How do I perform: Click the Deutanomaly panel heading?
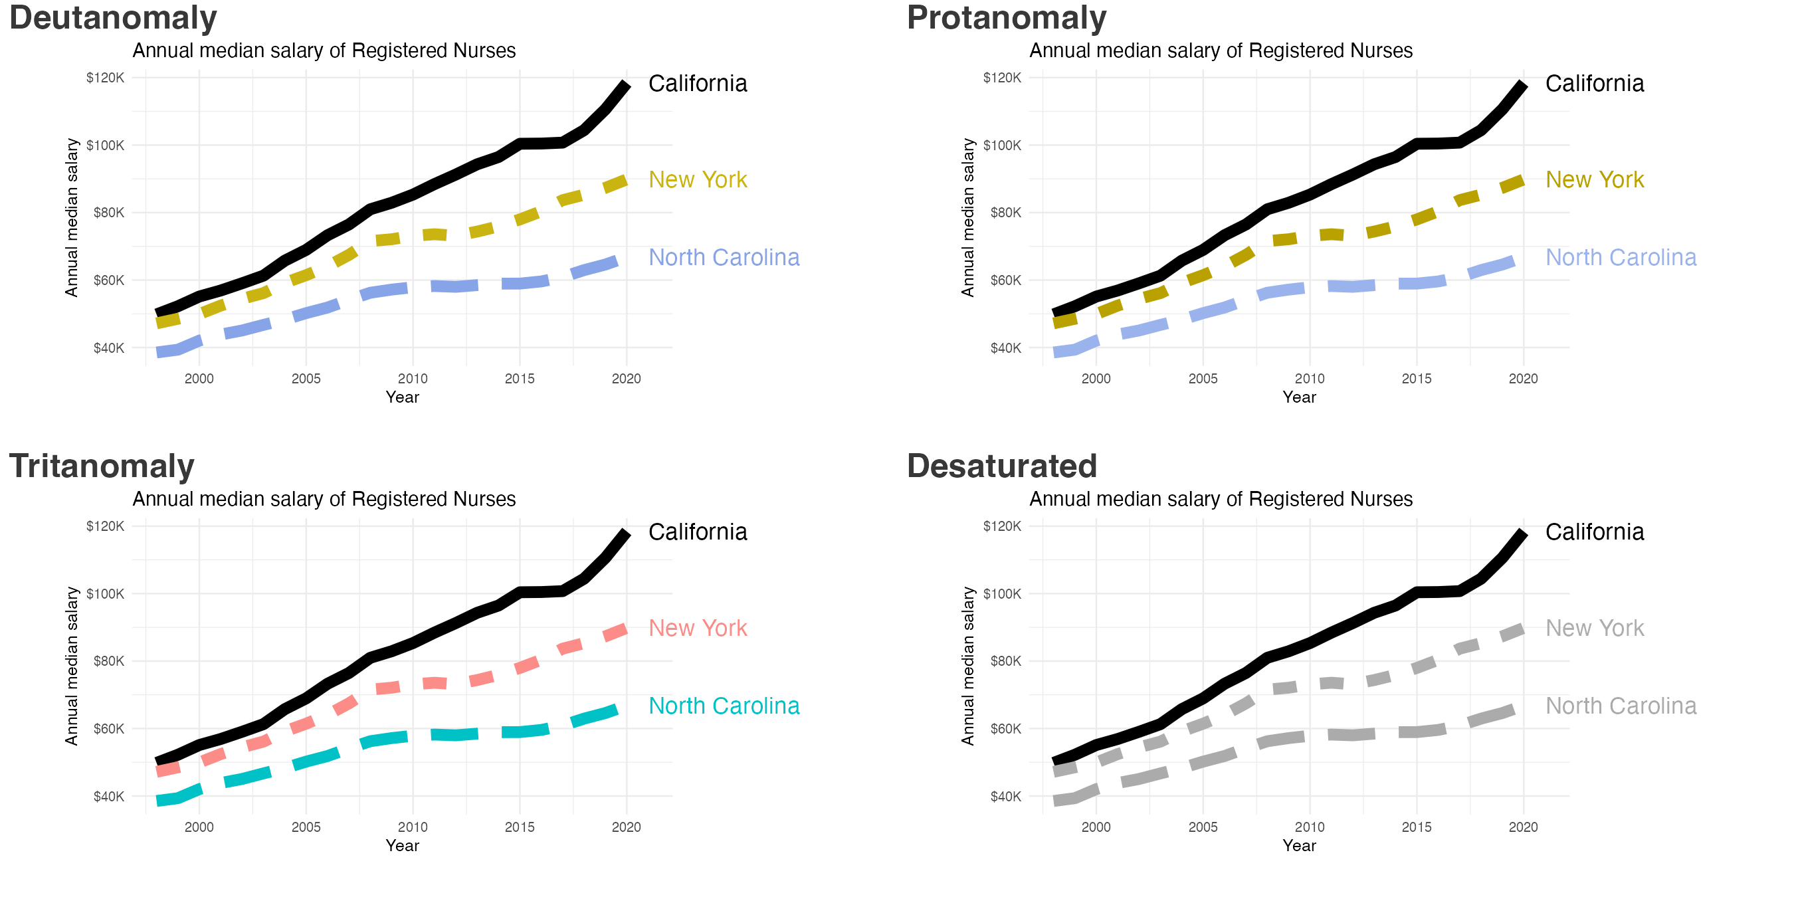(x=113, y=18)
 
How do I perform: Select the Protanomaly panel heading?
(x=1007, y=18)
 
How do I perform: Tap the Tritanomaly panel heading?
(x=102, y=466)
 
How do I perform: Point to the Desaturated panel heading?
(x=1001, y=466)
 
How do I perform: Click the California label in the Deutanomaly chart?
(x=697, y=84)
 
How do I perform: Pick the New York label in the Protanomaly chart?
(x=1594, y=179)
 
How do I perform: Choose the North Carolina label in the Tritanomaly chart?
(x=724, y=706)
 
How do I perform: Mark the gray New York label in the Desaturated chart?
(x=1594, y=628)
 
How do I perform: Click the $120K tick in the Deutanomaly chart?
(x=105, y=78)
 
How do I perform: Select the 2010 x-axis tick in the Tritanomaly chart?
(x=413, y=827)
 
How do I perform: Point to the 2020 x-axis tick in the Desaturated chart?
(x=1523, y=827)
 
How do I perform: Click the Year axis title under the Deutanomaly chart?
(x=403, y=397)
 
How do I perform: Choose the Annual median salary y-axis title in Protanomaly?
(x=967, y=217)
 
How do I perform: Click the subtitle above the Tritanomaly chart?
(x=324, y=500)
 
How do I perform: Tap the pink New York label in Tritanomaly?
(x=697, y=628)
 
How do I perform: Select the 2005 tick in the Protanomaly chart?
(x=1203, y=379)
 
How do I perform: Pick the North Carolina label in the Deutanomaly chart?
(x=724, y=258)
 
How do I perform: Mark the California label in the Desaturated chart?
(x=1594, y=532)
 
